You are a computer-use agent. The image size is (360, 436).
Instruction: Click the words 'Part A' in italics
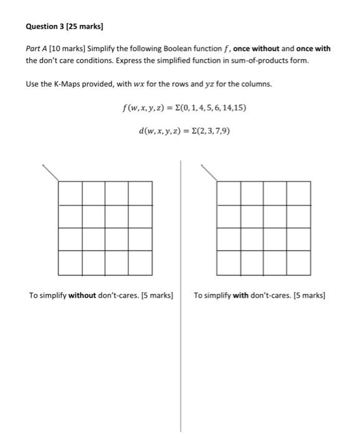tap(36, 49)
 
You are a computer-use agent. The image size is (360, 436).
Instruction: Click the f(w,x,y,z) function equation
tap(185, 108)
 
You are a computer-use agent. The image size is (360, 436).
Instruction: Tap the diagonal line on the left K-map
tap(50, 173)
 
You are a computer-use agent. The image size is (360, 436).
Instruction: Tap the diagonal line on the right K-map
tap(209, 173)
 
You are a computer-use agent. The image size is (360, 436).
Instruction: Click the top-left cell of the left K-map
tap(70, 192)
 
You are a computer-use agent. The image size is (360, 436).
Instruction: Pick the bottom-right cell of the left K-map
tap(140, 263)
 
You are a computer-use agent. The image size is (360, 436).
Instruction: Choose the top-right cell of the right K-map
tap(299, 192)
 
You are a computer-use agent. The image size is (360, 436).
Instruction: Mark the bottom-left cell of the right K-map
tap(229, 263)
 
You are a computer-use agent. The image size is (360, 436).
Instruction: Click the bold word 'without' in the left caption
tap(82, 296)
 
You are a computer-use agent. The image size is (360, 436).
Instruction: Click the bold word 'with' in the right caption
tap(240, 296)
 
